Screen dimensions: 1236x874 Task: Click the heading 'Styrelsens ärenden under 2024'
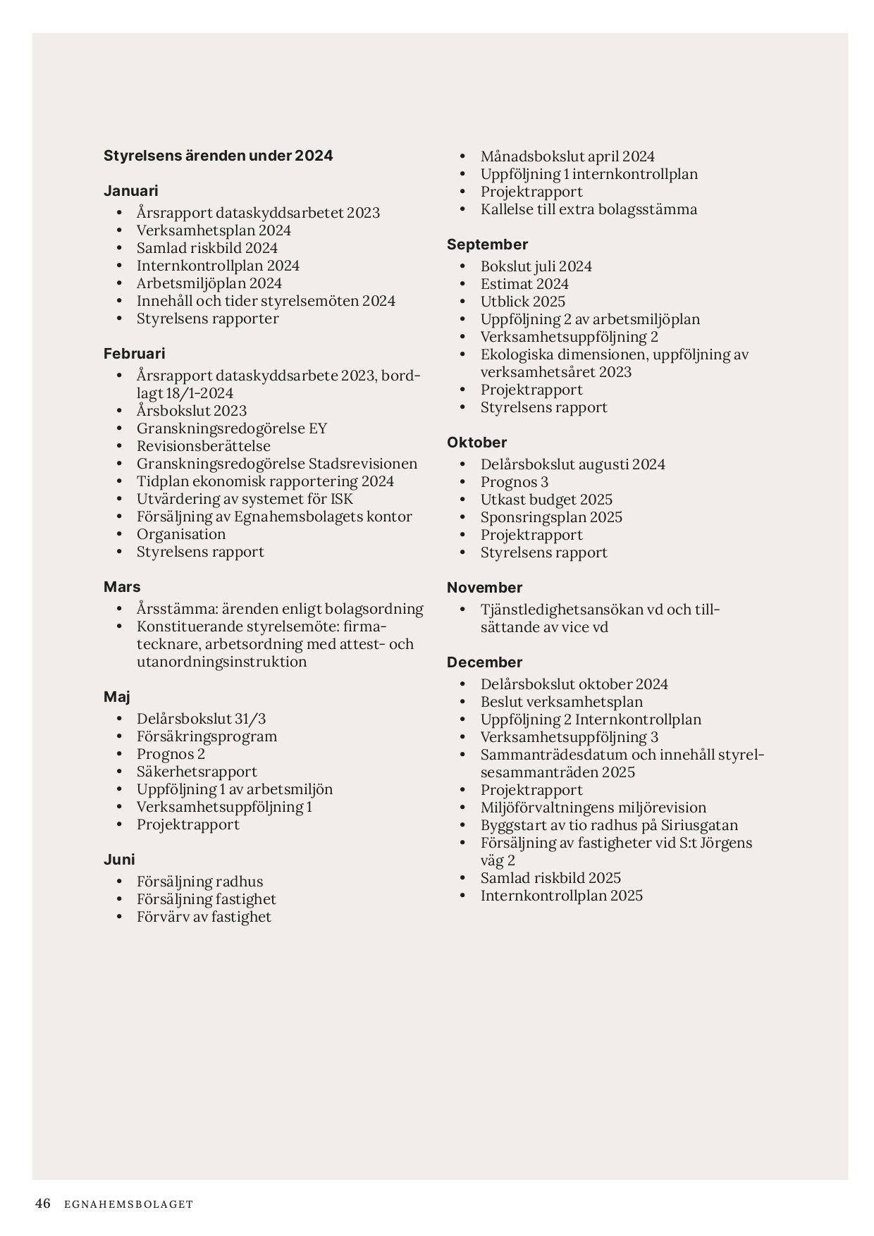[218, 156]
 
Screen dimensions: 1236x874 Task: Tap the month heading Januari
[131, 191]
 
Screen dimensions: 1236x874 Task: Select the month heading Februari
[135, 354]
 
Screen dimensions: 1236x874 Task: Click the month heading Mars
[122, 587]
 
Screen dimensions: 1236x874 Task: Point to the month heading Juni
[119, 860]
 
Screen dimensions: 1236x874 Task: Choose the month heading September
[487, 245]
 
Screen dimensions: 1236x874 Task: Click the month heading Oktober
[476, 443]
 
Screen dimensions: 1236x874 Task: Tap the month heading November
[484, 588]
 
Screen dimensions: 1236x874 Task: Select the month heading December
[484, 662]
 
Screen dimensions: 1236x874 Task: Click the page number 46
[43, 1204]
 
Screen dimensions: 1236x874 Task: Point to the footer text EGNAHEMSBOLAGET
[128, 1204]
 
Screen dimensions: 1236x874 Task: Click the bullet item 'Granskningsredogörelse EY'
[232, 428]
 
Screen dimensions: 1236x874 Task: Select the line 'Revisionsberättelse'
[204, 446]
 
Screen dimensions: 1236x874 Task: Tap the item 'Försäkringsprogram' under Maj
[207, 736]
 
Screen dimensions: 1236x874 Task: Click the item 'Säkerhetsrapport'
[197, 772]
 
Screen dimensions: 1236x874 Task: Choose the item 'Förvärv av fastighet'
[204, 917]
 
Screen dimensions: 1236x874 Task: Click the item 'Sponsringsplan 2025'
[551, 517]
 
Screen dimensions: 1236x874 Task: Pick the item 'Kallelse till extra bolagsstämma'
[589, 209]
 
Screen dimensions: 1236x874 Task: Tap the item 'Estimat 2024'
[524, 284]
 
